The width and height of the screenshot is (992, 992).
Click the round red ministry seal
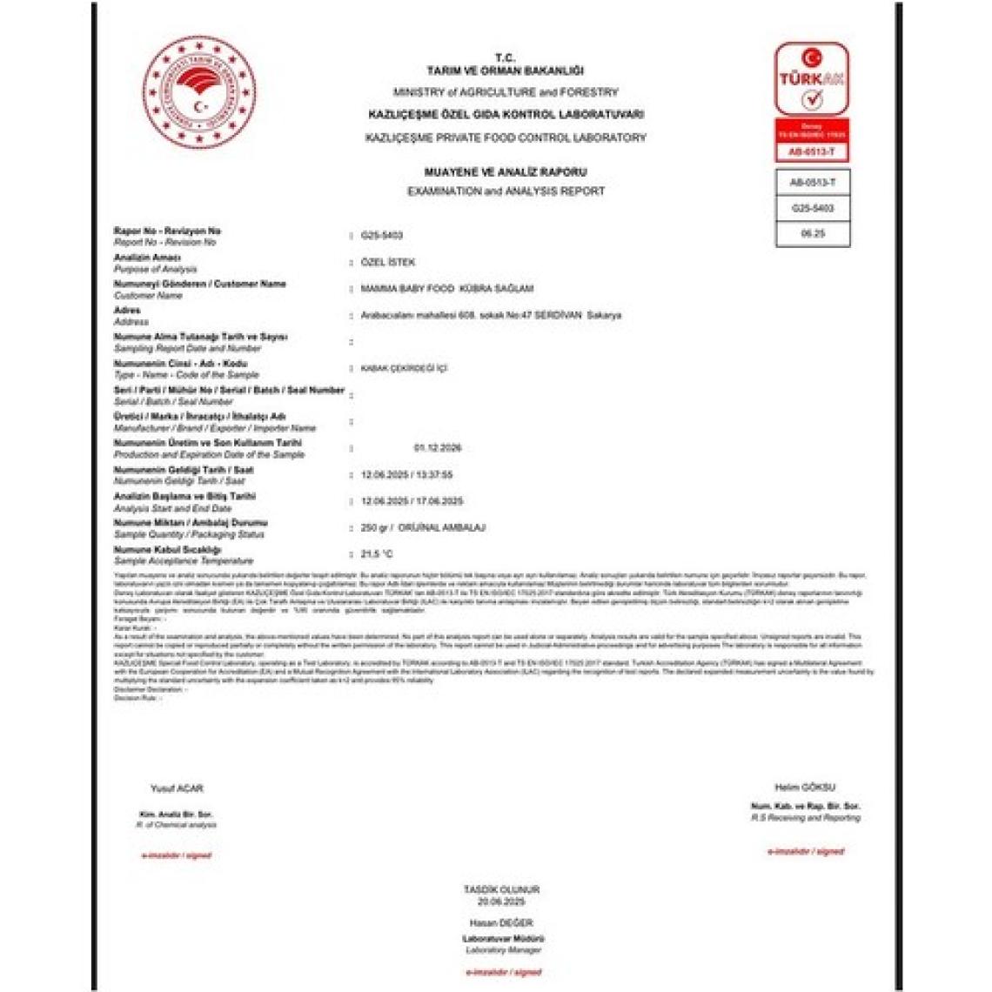[x=199, y=92]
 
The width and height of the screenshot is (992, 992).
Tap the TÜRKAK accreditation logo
[x=812, y=79]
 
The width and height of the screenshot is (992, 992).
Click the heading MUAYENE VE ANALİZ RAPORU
[x=506, y=172]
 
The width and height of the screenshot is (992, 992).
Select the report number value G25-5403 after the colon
[x=381, y=236]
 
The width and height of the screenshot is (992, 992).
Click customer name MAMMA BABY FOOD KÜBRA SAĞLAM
[x=447, y=288]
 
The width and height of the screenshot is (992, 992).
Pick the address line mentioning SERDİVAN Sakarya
[x=491, y=315]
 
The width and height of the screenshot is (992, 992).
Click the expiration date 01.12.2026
[x=438, y=448]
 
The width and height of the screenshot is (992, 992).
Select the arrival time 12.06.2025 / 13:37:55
[x=406, y=475]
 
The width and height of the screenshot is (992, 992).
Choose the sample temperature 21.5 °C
[x=377, y=554]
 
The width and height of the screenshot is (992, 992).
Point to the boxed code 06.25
[x=812, y=234]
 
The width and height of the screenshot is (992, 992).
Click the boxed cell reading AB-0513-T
[x=812, y=183]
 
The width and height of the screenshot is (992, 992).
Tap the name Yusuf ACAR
[x=177, y=788]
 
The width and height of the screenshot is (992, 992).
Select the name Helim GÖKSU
[x=805, y=787]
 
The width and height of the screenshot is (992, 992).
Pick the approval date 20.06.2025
[x=501, y=902]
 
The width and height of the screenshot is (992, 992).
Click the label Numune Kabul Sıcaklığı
[x=167, y=550]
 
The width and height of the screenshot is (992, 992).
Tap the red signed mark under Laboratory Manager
[x=503, y=972]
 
